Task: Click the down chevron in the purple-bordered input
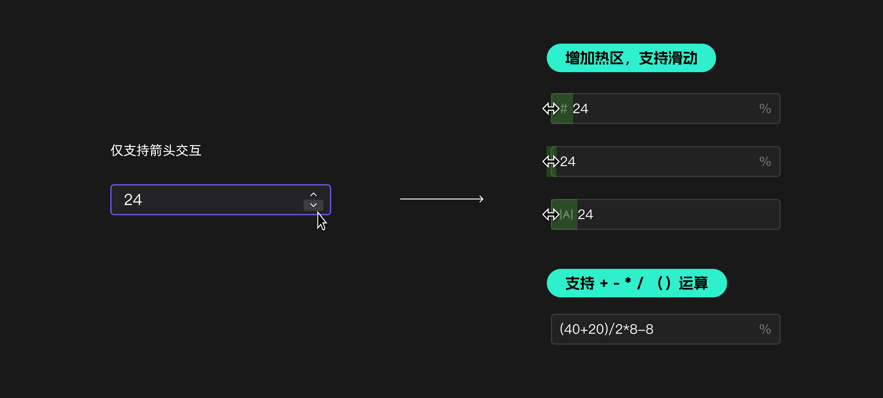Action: coord(313,205)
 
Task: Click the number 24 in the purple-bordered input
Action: coord(133,200)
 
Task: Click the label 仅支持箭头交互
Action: coord(156,150)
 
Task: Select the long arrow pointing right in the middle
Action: coord(441,199)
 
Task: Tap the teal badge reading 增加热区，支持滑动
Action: coord(631,58)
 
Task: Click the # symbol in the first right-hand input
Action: coord(564,108)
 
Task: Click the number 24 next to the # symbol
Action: coord(580,108)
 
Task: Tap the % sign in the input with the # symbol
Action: coord(765,108)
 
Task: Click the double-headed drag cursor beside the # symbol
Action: coord(550,108)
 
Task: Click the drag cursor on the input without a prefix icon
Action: coord(550,161)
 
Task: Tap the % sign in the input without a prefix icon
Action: coord(765,161)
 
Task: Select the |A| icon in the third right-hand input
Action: coord(566,214)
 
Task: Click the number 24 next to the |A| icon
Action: coord(585,214)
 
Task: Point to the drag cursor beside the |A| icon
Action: coord(550,214)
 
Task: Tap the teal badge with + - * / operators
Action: coord(636,283)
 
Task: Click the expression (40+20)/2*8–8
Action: coord(606,329)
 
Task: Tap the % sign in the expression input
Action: coord(765,329)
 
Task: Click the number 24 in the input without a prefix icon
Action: coord(568,161)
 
